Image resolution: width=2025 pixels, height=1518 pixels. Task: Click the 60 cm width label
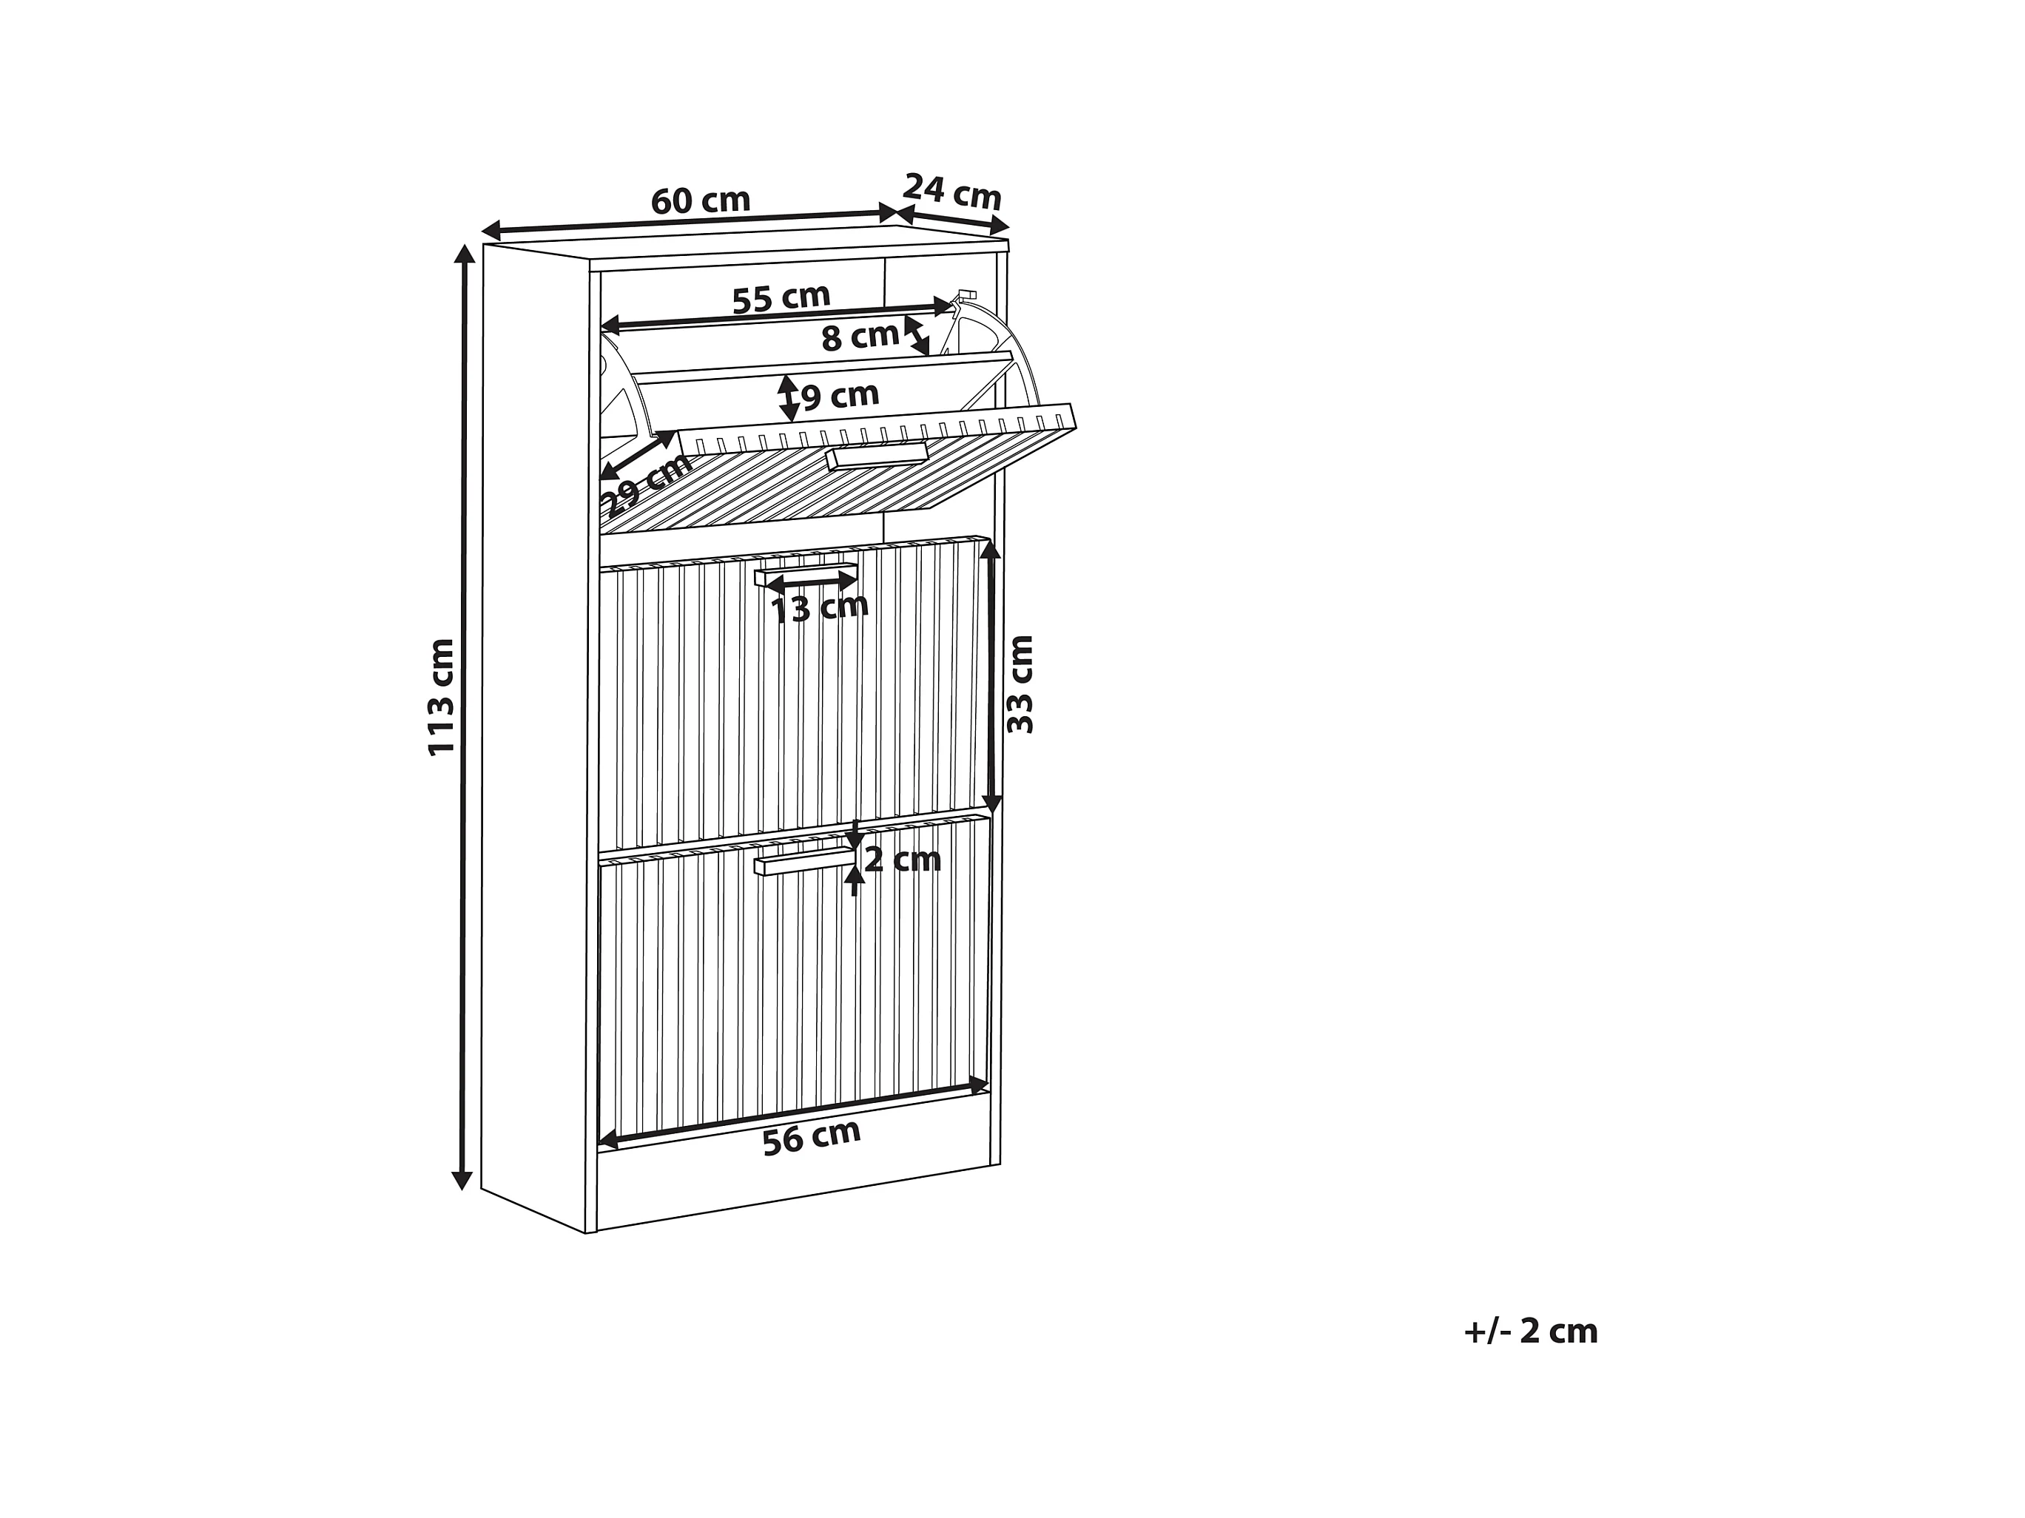pos(701,200)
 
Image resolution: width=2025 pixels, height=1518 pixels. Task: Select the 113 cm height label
pos(442,697)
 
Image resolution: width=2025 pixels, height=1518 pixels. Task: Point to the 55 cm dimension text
pos(781,297)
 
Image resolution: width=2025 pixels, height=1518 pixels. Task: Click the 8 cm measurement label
pos(860,337)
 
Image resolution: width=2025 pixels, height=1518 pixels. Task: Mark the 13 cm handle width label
pos(818,607)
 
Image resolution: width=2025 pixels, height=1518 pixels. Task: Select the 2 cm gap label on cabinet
pos(902,860)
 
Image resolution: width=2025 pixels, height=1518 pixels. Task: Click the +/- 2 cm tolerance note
pos(1530,1332)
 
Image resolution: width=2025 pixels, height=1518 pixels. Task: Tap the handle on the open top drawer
pos(876,455)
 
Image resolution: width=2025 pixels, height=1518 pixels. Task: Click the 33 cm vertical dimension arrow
pos(992,678)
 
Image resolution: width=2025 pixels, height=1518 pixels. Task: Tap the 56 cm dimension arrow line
pos(793,1115)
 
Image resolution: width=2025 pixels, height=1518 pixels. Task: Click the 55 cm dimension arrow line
pos(778,317)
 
